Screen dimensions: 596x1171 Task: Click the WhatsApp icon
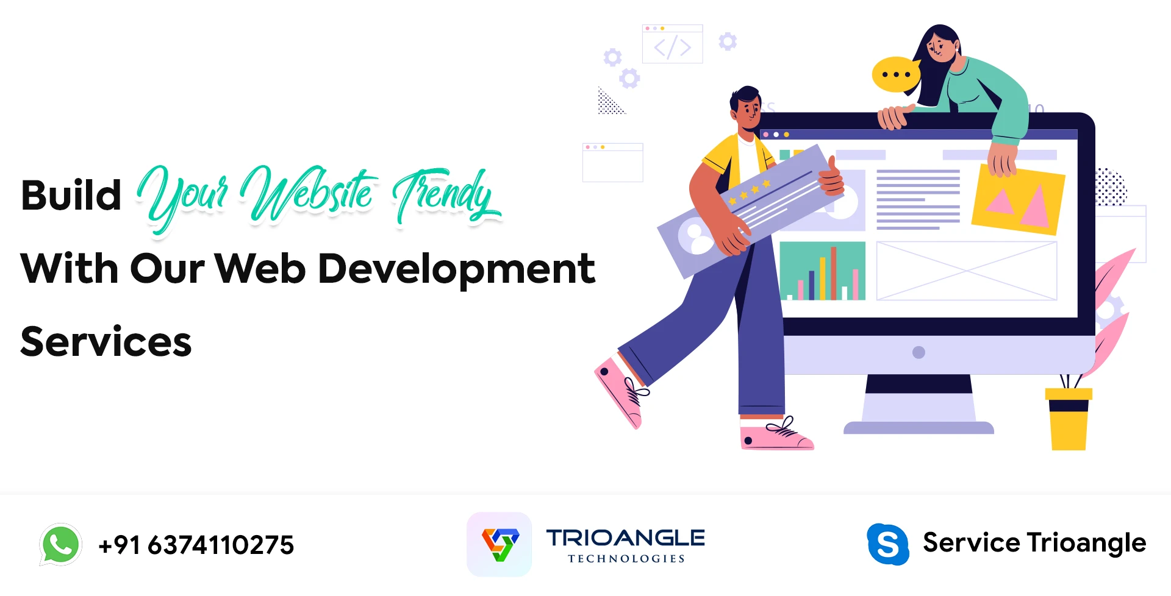tap(60, 544)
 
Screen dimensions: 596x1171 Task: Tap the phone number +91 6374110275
tap(196, 545)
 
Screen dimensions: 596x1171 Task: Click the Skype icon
tap(888, 544)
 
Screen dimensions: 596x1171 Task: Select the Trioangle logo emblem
tap(500, 544)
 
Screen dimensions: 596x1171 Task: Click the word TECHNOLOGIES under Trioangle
tap(626, 559)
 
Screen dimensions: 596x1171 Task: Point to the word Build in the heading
tap(71, 196)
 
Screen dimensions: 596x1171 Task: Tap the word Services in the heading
tap(106, 342)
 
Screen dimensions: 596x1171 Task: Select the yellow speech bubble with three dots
tap(895, 74)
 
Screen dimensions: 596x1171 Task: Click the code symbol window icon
tap(672, 44)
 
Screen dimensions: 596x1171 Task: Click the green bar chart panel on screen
tap(822, 271)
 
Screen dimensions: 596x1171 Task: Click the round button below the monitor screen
tap(919, 352)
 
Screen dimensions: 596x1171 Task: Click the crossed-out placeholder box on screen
tap(966, 271)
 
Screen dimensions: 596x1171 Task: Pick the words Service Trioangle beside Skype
tap(1034, 543)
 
